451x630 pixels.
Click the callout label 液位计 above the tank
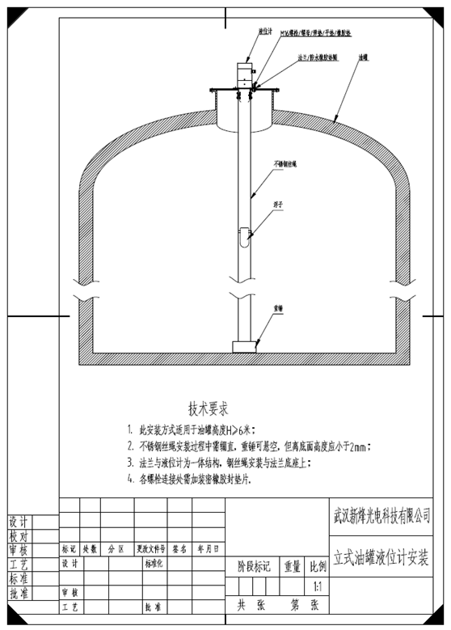click(x=263, y=32)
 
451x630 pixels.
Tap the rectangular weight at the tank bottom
click(x=243, y=346)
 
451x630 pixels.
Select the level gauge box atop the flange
click(x=244, y=74)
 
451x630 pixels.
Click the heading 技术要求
click(x=213, y=407)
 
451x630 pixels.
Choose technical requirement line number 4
click(x=198, y=479)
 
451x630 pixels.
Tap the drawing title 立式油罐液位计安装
click(x=381, y=560)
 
